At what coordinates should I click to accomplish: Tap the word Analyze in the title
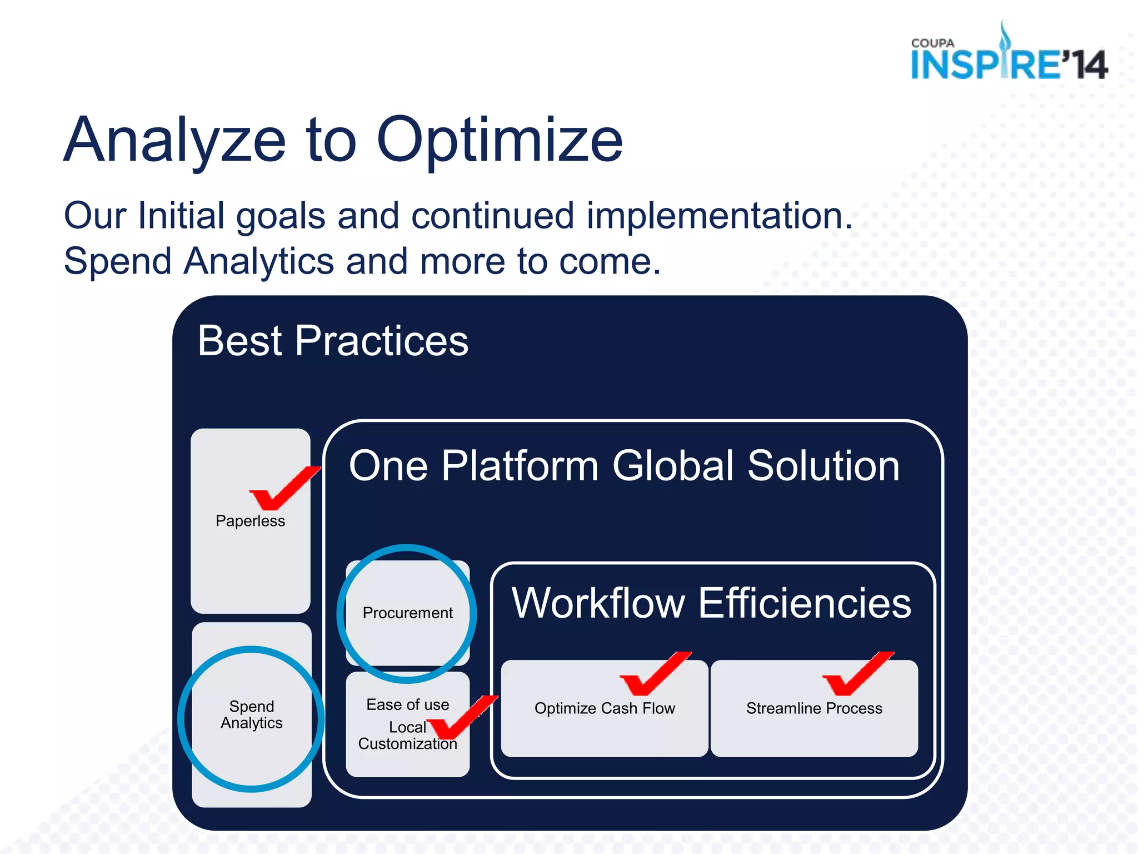coord(175,140)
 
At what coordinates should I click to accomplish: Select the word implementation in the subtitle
coord(719,216)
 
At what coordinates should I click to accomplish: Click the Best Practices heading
coord(333,341)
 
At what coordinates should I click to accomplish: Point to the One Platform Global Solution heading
coord(623,466)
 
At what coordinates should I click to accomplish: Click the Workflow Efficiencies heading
coord(711,603)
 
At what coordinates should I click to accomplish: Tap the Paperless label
coord(250,521)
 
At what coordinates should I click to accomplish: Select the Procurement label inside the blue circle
coord(407,613)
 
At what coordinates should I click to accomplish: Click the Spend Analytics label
coord(252,714)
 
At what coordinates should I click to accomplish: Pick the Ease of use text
coord(407,704)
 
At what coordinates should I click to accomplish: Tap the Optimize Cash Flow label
coord(605,708)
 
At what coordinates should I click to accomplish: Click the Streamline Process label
coord(814,708)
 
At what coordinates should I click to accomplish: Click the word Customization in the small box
coord(407,744)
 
